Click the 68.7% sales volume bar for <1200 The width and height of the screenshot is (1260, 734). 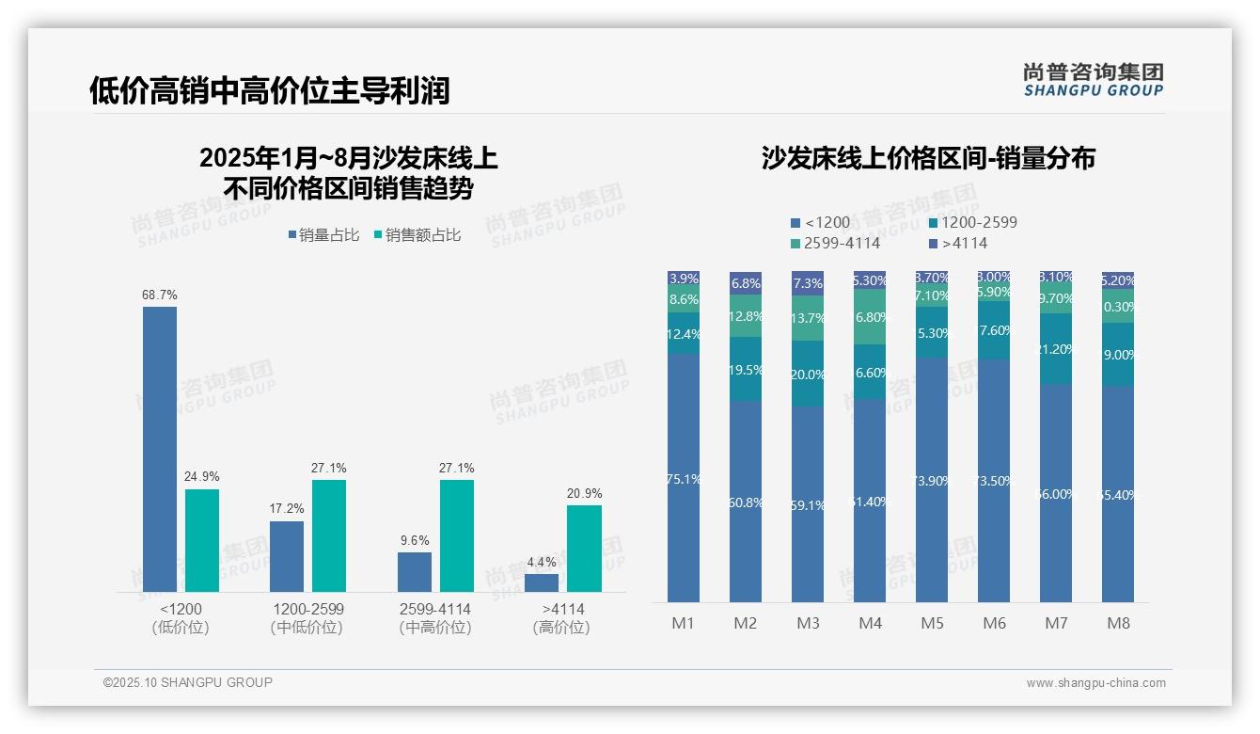[x=160, y=449]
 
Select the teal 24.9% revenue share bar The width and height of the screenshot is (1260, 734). [x=202, y=540]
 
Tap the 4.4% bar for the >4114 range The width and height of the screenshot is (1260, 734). [x=542, y=582]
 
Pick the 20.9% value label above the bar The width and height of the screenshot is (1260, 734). [x=585, y=493]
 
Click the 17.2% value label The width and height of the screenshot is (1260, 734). [x=287, y=509]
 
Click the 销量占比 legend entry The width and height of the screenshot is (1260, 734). [x=323, y=235]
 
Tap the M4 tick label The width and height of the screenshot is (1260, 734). [x=870, y=623]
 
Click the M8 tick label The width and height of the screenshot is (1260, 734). [x=1118, y=623]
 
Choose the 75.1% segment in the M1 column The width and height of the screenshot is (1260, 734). [x=684, y=478]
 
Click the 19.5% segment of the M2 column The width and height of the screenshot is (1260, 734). [x=746, y=369]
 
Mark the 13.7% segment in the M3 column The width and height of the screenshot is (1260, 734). [x=808, y=318]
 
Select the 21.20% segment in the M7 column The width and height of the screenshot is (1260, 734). [x=1056, y=348]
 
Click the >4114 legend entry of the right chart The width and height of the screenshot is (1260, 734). [x=958, y=244]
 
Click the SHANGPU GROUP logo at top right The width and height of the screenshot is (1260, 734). [x=1093, y=79]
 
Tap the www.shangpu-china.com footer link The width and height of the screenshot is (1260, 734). [x=1095, y=683]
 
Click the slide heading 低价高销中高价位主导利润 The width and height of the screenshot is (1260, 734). [x=270, y=90]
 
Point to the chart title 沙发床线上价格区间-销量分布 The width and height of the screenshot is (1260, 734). [x=928, y=158]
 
